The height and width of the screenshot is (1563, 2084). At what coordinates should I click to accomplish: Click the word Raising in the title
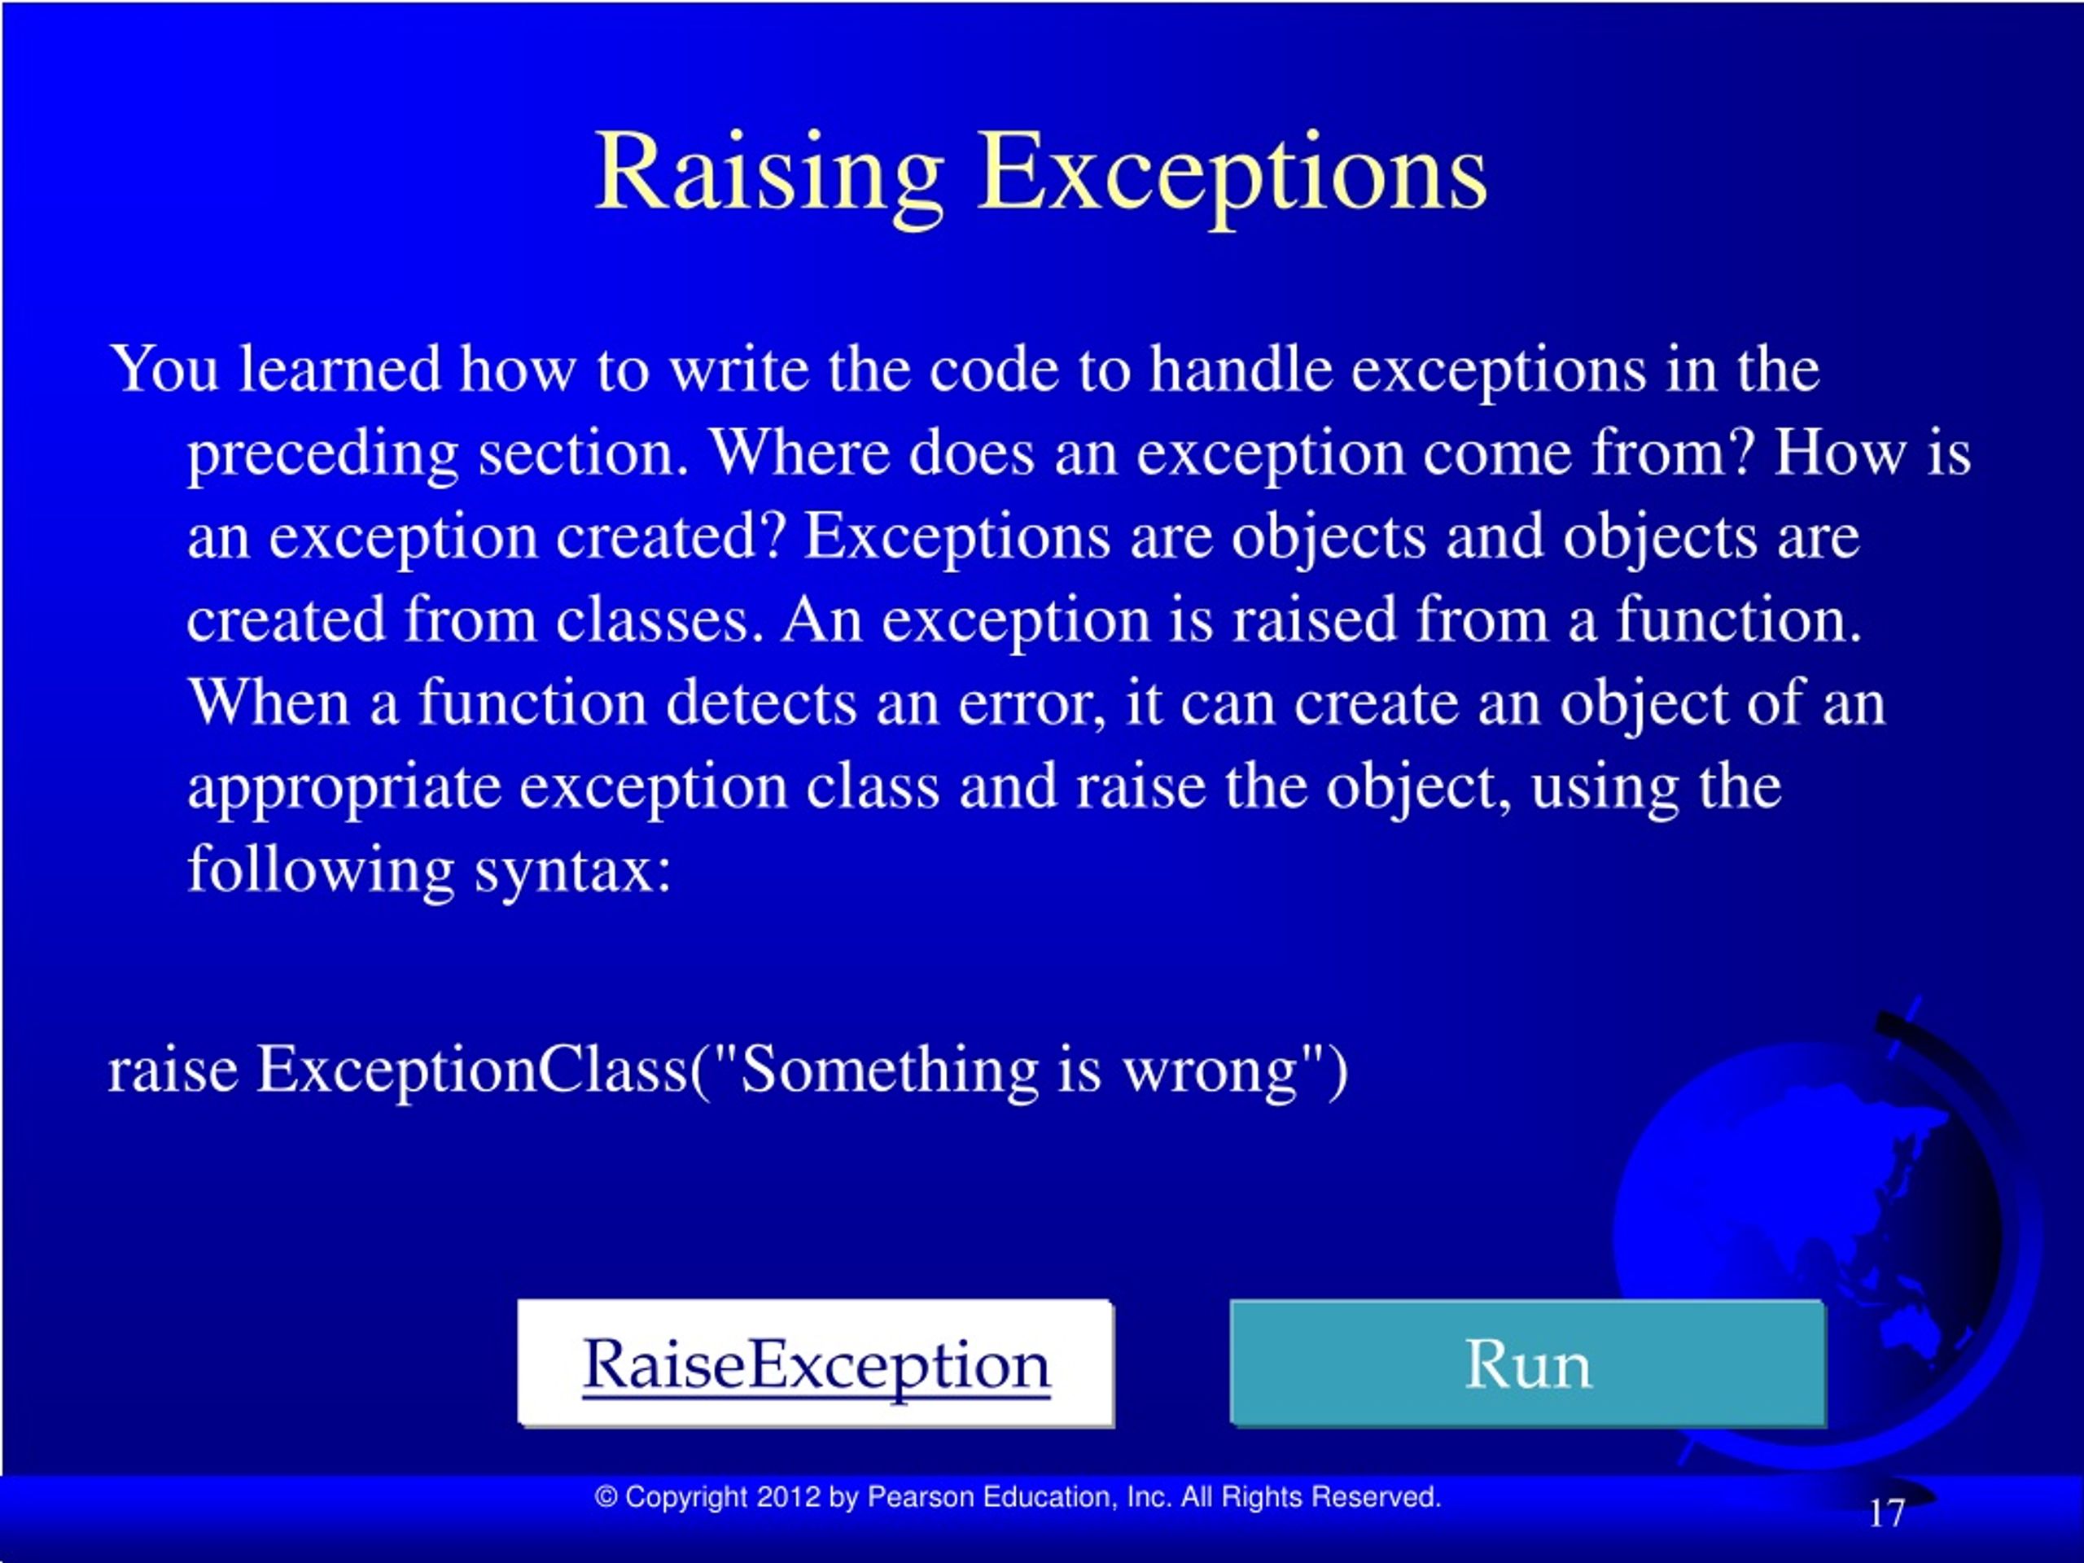coord(768,174)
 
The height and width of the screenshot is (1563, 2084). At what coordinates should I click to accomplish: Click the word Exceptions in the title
coord(1232,174)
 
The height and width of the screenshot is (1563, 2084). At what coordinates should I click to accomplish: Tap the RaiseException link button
coord(816,1364)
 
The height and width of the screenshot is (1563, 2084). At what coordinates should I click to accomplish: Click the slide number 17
coord(1886,1514)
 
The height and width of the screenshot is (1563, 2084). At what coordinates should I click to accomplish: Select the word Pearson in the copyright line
coord(921,1497)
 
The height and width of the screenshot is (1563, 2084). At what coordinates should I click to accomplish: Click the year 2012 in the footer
coord(789,1497)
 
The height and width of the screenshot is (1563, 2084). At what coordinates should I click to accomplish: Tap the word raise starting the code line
coord(173,1071)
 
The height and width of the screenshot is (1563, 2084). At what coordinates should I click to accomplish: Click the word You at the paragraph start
coord(165,369)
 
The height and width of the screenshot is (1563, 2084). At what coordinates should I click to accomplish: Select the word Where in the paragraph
coord(800,453)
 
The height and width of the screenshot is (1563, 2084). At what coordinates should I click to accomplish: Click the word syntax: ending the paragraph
coord(573,869)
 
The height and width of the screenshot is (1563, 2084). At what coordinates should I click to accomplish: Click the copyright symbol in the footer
coord(606,1497)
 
